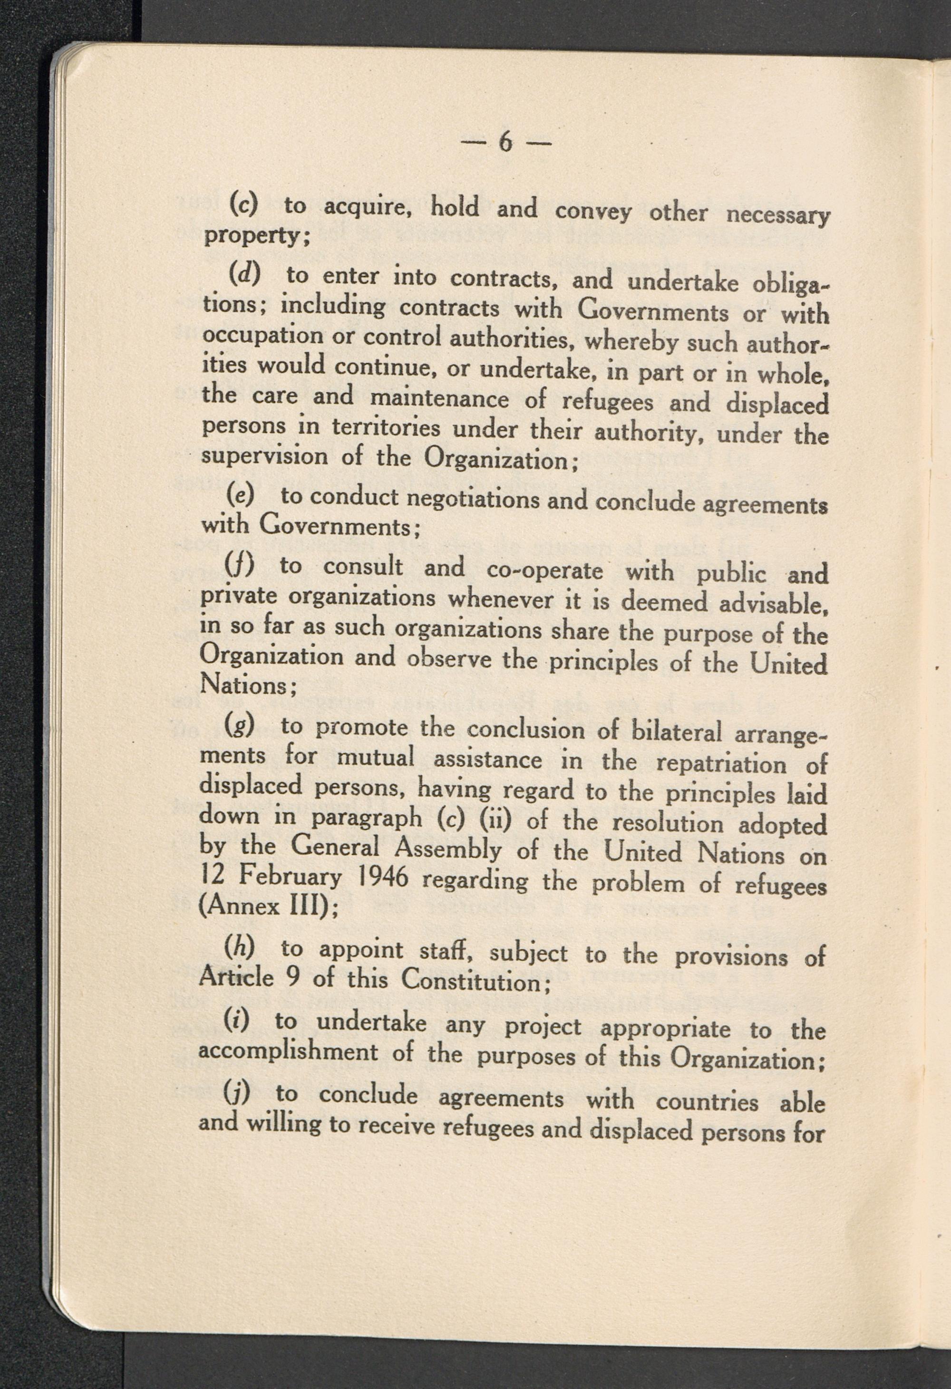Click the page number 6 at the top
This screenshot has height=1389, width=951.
505,143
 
